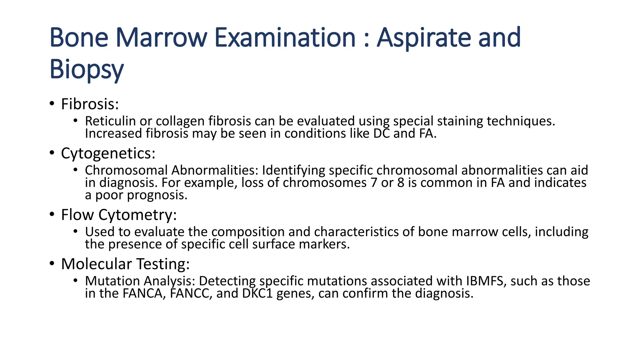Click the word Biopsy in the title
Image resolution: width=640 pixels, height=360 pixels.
click(87, 69)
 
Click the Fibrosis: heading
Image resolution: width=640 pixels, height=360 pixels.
click(90, 104)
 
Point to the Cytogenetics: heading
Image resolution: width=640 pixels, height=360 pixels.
click(108, 153)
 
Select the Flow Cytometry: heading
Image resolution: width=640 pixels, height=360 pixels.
click(119, 215)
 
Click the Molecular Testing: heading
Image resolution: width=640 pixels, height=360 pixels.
click(125, 264)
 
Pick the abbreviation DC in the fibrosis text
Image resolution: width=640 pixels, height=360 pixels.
click(381, 134)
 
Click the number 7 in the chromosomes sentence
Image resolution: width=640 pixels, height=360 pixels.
click(374, 183)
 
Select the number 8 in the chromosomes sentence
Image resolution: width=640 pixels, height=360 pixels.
click(401, 183)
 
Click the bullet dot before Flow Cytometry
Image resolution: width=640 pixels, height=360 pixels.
click(52, 215)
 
